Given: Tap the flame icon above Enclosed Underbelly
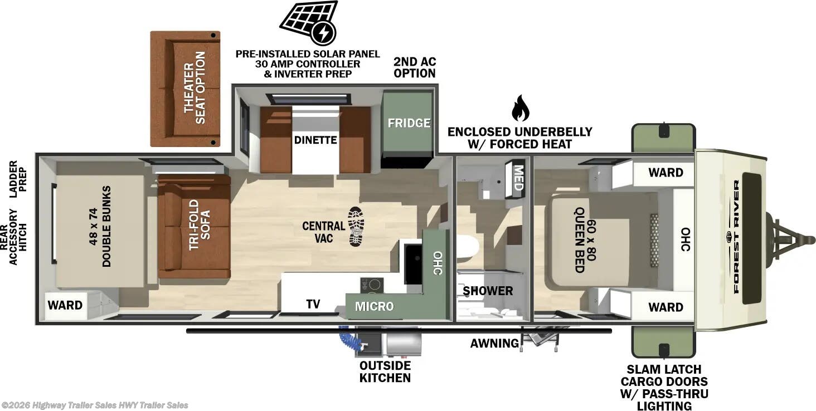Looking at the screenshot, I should tap(519, 108).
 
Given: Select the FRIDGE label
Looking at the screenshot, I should tap(409, 123).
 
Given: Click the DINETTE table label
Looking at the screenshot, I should tap(315, 139).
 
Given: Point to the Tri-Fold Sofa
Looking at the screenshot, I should tap(194, 226).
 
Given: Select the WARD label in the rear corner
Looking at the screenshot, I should tap(65, 305).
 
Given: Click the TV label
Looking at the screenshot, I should tap(313, 304).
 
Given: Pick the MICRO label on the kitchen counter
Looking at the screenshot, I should tap(374, 306).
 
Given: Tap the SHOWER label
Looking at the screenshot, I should tap(488, 291).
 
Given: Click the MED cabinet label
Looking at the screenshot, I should tap(518, 178).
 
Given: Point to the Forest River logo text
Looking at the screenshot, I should tap(736, 237).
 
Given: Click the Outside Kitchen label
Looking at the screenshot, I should tap(385, 371).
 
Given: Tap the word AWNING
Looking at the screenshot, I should tap(494, 343).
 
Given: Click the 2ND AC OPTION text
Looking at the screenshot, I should tap(414, 67).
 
